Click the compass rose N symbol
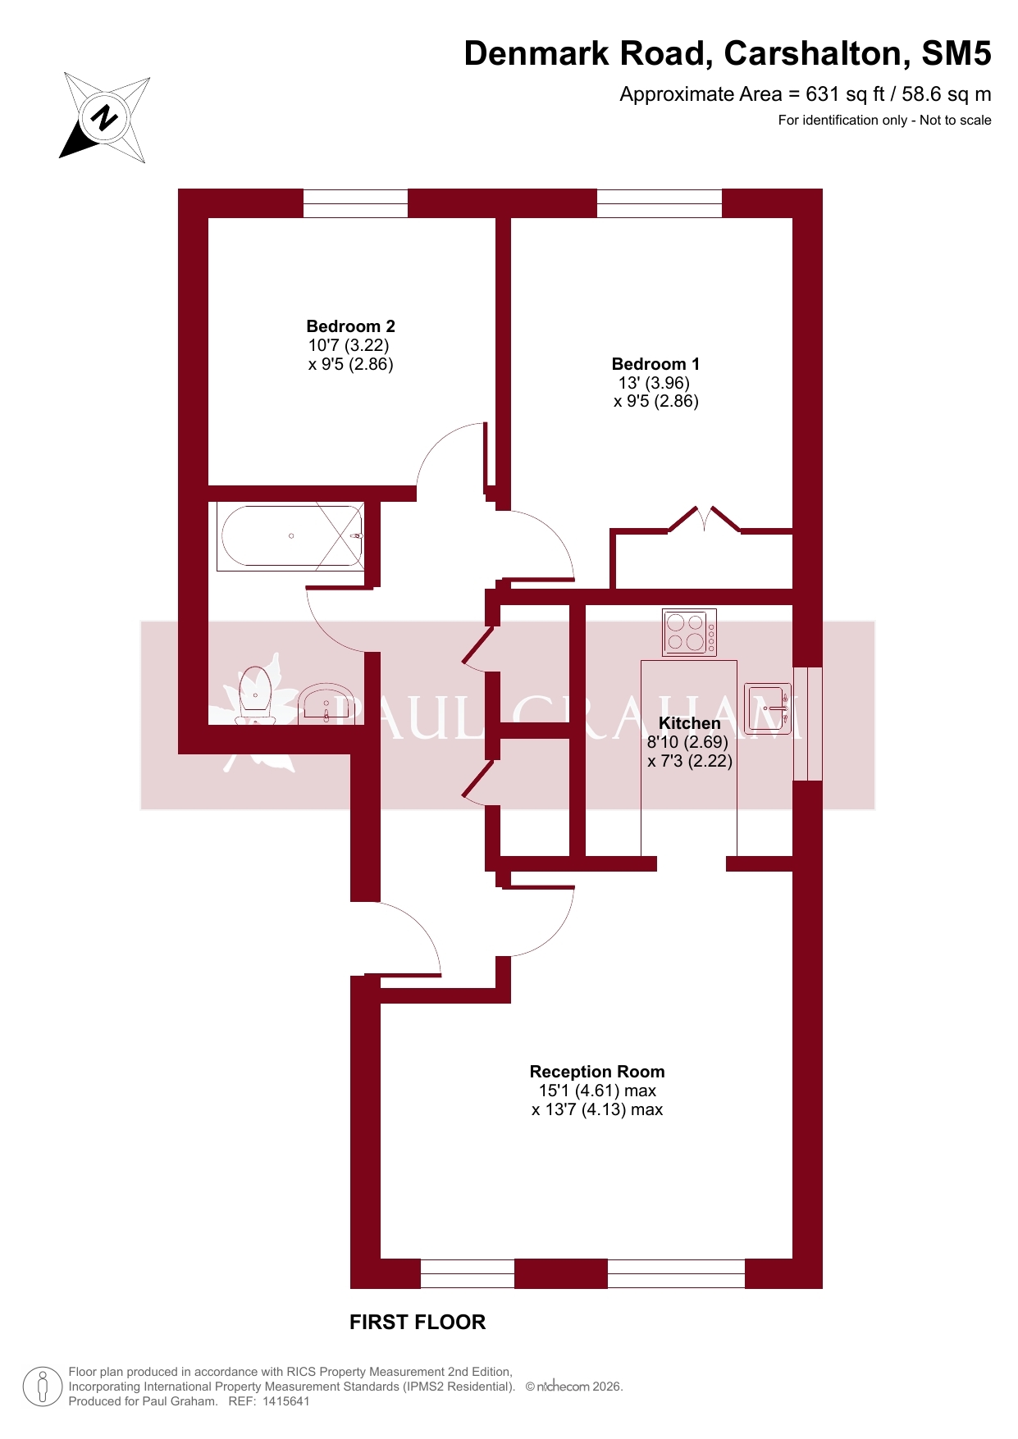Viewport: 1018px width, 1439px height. (x=104, y=117)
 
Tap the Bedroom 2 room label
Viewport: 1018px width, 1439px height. (x=351, y=326)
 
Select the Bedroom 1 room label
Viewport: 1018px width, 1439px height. (x=655, y=364)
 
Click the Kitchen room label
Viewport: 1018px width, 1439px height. (x=690, y=723)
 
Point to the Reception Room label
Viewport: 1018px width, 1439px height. (x=597, y=1072)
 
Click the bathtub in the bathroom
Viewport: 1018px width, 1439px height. (x=291, y=536)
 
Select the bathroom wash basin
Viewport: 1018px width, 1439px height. (x=326, y=704)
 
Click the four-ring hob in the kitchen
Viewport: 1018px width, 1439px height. (x=689, y=632)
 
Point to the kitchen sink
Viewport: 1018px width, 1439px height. (x=768, y=708)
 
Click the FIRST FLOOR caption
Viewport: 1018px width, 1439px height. (x=418, y=1322)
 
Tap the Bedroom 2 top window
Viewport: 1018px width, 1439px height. (x=355, y=203)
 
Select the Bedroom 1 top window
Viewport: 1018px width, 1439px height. (x=660, y=203)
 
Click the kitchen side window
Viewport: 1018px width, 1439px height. (x=808, y=723)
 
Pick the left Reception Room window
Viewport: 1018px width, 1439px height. (x=468, y=1273)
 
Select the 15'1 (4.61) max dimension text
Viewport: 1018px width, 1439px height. (x=597, y=1091)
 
